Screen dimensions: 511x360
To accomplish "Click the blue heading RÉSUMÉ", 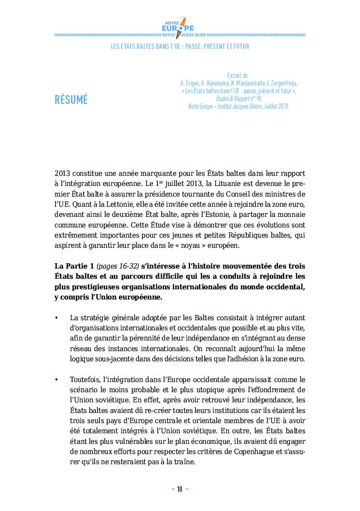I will point(71,100).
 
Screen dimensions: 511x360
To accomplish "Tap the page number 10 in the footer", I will point(180,489).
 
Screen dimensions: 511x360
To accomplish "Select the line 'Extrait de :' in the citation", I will point(238,75).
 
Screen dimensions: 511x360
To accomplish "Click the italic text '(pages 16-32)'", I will point(118,266).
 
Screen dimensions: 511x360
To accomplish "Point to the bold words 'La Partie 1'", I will point(74,266).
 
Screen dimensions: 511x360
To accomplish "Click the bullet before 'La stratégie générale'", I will point(57,318).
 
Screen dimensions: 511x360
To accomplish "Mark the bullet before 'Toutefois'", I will point(57,380).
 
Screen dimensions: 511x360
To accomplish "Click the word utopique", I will point(207,390).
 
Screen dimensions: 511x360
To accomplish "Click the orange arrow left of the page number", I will point(172,489).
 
